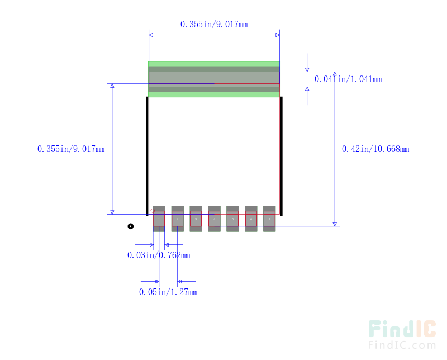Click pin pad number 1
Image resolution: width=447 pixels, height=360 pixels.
[x=159, y=219]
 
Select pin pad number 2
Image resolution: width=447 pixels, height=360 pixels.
[x=177, y=219]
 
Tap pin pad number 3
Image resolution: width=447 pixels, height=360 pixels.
[x=196, y=219]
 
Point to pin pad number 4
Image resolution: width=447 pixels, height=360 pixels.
[x=214, y=219]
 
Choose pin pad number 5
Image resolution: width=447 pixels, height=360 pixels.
[x=232, y=219]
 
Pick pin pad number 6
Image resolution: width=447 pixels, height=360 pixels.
[x=251, y=219]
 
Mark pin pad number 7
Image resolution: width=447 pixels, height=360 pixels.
[x=269, y=219]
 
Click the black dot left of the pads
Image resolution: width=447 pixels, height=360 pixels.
[x=131, y=226]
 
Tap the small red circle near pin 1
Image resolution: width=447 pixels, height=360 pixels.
[x=153, y=211]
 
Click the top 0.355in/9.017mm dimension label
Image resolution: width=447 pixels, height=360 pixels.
[x=214, y=25]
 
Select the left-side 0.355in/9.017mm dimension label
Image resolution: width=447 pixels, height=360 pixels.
[x=71, y=149]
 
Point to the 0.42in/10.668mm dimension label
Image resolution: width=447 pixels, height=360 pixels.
[x=375, y=149]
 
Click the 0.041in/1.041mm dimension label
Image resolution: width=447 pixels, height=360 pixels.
[x=348, y=79]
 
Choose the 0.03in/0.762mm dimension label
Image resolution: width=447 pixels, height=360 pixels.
[x=159, y=255]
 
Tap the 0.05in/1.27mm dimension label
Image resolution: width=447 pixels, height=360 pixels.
[x=168, y=292]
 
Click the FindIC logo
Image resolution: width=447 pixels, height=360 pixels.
[x=402, y=334]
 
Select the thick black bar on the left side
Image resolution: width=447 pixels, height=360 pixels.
[x=148, y=155]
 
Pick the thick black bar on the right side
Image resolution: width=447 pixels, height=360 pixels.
[x=281, y=155]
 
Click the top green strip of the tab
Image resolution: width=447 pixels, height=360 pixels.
[x=215, y=64]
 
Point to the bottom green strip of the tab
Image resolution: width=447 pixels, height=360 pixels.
[x=215, y=95]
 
